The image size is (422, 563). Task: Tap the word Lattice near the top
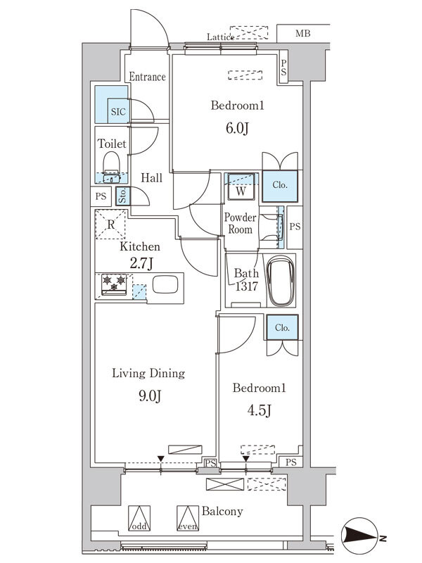pyautogui.click(x=220, y=37)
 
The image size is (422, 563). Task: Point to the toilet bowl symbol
pyautogui.click(x=111, y=165)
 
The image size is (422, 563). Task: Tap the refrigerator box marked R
pyautogui.click(x=111, y=225)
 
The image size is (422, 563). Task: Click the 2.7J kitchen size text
pyautogui.click(x=141, y=265)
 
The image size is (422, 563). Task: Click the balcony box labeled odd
pyautogui.click(x=139, y=519)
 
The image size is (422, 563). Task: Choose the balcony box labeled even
pyautogui.click(x=186, y=519)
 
